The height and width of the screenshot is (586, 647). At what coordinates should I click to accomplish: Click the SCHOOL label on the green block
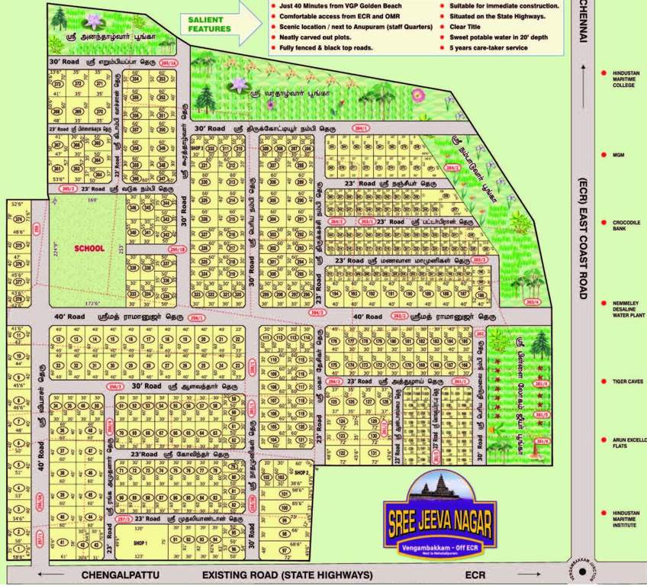89,248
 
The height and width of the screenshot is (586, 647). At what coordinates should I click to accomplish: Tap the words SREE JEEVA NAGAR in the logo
442,519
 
